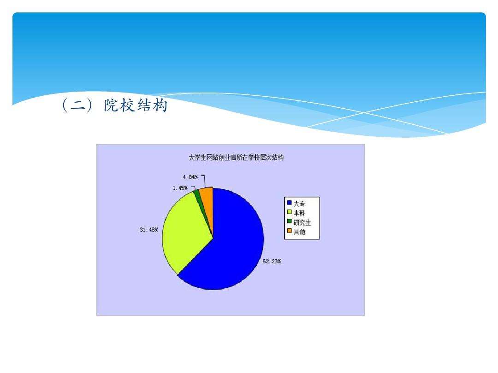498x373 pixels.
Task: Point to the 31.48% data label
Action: pyautogui.click(x=149, y=230)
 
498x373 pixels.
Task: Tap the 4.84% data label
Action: pyautogui.click(x=190, y=177)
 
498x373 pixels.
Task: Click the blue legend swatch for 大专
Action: pyautogui.click(x=289, y=203)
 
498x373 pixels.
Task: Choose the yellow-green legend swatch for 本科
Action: pyautogui.click(x=289, y=212)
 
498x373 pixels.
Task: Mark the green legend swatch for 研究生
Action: pyautogui.click(x=289, y=222)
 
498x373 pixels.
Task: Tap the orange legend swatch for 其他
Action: pyautogui.click(x=289, y=231)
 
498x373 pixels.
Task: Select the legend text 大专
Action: pyautogui.click(x=299, y=203)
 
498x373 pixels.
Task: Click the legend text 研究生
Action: pyautogui.click(x=302, y=222)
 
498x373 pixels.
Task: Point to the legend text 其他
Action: pyautogui.click(x=299, y=232)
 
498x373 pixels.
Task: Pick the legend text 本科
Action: pyautogui.click(x=299, y=212)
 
